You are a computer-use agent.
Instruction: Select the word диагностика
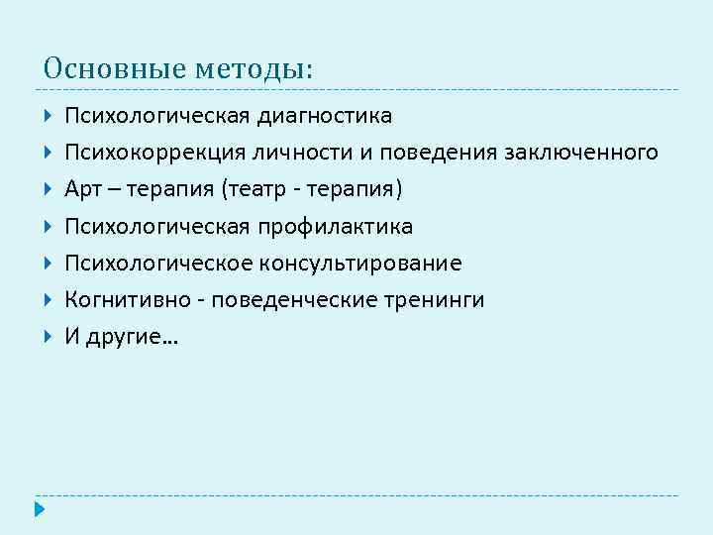pos(324,117)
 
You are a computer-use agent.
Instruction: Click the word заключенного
pos(581,154)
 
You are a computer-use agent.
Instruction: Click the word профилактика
pos(336,227)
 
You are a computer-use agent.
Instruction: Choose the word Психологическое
pos(158,264)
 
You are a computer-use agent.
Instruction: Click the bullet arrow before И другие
pos(49,336)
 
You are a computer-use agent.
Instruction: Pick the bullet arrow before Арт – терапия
pos(49,189)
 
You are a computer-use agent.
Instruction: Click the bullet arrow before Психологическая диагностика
pos(49,117)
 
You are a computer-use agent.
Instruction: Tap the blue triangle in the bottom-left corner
pos(39,511)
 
